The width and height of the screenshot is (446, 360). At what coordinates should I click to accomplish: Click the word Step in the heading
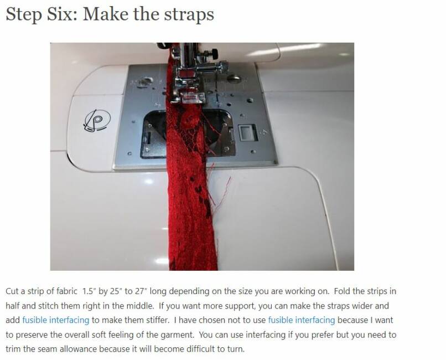pyautogui.click(x=23, y=14)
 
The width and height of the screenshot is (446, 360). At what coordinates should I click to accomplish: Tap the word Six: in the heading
pyautogui.click(x=62, y=14)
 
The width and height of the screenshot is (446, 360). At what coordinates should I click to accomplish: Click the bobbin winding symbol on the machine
pyautogui.click(x=97, y=120)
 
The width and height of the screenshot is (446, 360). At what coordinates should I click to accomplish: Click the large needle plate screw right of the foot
pyautogui.click(x=234, y=78)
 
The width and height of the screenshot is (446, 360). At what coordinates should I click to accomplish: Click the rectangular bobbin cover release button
pyautogui.click(x=247, y=132)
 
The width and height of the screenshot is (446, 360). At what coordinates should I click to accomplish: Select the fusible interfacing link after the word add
pyautogui.click(x=56, y=320)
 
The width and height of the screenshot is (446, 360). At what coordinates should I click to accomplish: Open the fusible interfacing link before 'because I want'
pyautogui.click(x=302, y=320)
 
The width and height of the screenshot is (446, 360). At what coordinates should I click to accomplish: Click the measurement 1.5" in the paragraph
pyautogui.click(x=89, y=291)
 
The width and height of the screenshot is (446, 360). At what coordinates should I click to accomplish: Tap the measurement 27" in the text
pyautogui.click(x=141, y=291)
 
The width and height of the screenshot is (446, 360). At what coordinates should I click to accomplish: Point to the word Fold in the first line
pyautogui.click(x=342, y=291)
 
